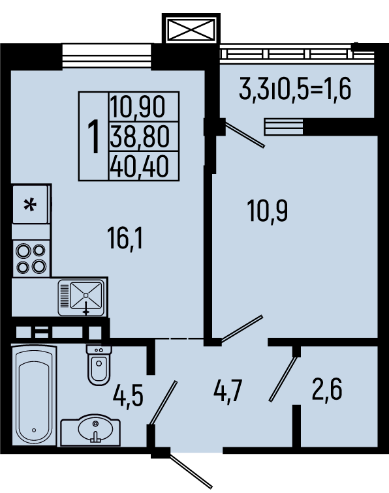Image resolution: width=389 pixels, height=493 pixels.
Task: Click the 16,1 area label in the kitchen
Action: pyautogui.click(x=125, y=238)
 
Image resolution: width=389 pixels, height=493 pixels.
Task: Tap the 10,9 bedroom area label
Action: pyautogui.click(x=268, y=211)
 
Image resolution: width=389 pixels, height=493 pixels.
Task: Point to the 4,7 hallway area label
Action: pyautogui.click(x=228, y=391)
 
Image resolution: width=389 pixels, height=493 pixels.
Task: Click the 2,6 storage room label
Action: pyautogui.click(x=327, y=389)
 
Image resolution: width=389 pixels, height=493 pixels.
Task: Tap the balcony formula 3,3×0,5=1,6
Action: pyautogui.click(x=295, y=89)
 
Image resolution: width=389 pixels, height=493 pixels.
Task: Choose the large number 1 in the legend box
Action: pyautogui.click(x=93, y=137)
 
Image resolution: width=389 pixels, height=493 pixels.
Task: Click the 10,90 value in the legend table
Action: pyautogui.click(x=138, y=107)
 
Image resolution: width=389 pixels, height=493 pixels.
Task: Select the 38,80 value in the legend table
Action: pyautogui.click(x=140, y=136)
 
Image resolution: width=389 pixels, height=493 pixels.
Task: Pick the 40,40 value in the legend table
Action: pyautogui.click(x=140, y=166)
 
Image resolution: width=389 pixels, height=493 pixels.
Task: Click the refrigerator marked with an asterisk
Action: pyautogui.click(x=31, y=204)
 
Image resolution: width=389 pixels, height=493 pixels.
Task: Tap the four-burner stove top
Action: pyautogui.click(x=31, y=258)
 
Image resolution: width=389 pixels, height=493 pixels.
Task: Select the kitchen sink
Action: pyautogui.click(x=81, y=298)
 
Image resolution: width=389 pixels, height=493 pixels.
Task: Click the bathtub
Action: pyautogui.click(x=34, y=395)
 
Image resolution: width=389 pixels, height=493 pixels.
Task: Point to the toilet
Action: pyautogui.click(x=99, y=365)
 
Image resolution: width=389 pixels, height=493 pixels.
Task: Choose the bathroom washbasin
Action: pyautogui.click(x=90, y=430)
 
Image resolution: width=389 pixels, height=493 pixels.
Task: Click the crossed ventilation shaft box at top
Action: pyautogui.click(x=191, y=29)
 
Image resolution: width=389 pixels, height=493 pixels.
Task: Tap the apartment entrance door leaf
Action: pyautogui.click(x=191, y=470)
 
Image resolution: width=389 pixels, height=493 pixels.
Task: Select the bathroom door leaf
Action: pyautogui.click(x=164, y=403)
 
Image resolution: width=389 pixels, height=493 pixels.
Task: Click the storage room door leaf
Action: pyautogui.click(x=283, y=379)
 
